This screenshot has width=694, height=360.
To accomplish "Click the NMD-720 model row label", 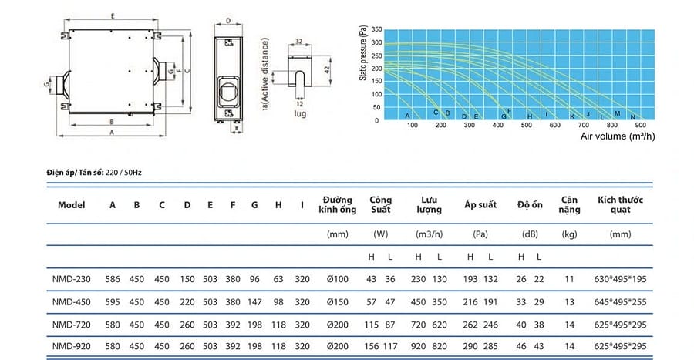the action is click(71, 325).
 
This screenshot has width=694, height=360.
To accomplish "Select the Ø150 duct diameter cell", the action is click(337, 302).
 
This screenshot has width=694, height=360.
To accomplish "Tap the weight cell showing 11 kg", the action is click(569, 279).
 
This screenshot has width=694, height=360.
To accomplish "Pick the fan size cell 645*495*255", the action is click(620, 302).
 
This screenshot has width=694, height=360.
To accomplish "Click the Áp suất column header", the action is click(480, 204).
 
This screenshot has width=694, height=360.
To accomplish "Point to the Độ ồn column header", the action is click(530, 204).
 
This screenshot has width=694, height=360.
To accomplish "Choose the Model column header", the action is click(71, 205).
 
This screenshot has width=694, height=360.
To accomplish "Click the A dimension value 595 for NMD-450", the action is click(113, 302).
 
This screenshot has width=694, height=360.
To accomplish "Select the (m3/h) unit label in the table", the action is click(429, 234).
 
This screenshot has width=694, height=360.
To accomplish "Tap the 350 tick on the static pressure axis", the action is click(376, 29).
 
